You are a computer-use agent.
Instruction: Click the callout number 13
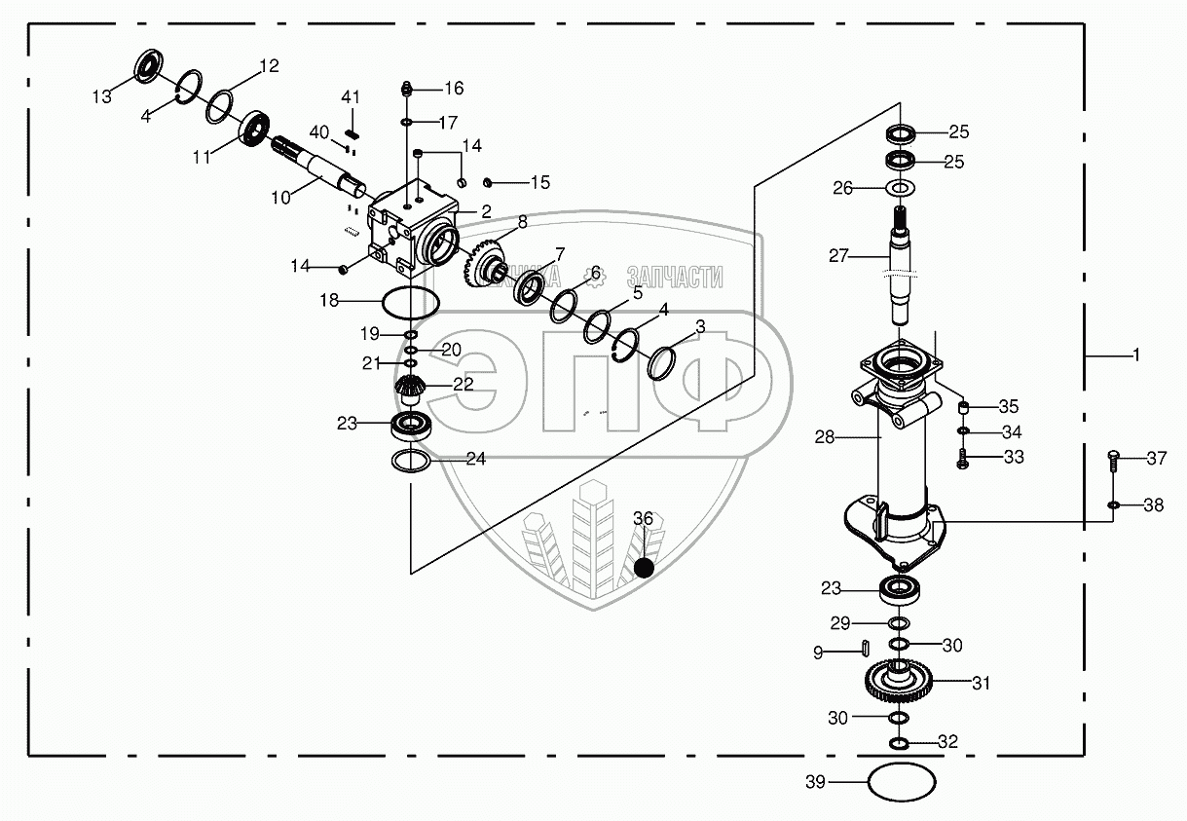coord(102,97)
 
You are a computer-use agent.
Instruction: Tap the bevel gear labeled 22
coord(412,390)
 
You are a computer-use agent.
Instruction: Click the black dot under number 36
coord(643,568)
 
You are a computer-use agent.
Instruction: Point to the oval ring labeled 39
coord(901,781)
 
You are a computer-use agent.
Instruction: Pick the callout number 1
coord(1135,356)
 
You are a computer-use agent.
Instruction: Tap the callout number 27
coord(839,257)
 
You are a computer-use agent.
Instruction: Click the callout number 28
coord(825,438)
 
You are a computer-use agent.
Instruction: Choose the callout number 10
coord(280,197)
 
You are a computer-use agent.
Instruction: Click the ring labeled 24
coord(412,460)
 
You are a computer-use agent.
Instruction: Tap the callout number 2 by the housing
coord(485,210)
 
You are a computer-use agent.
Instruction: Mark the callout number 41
coord(351,97)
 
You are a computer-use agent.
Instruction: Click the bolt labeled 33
coord(963,458)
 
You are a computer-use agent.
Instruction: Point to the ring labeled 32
coord(900,745)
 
